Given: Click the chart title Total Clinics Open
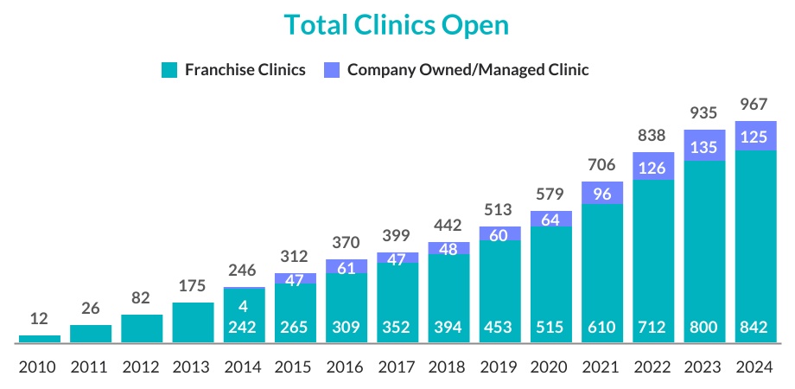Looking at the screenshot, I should (397, 25).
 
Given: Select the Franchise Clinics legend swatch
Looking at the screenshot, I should (170, 70).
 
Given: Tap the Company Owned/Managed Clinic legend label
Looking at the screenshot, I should (467, 70).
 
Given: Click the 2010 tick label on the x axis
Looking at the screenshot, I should (38, 367).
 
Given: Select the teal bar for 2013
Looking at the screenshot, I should (193, 322).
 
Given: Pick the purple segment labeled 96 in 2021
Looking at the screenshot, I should (602, 194).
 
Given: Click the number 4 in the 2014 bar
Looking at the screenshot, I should (244, 306).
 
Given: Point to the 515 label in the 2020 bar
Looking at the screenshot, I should (550, 328).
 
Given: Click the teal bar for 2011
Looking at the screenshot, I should (90, 334).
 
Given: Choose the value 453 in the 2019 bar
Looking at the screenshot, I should (499, 328).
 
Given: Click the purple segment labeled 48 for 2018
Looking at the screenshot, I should (448, 249).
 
